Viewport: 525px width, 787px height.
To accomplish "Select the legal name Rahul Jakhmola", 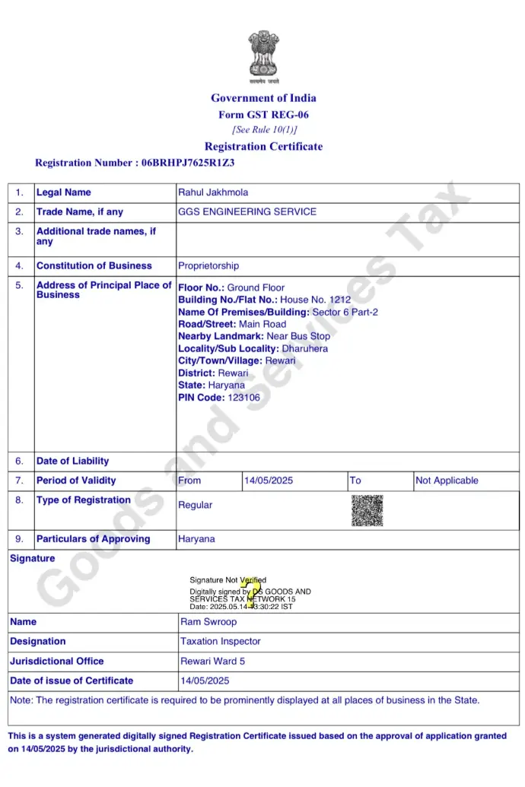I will pos(213,192).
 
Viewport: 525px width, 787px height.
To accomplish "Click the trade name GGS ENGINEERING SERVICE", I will pos(247,211).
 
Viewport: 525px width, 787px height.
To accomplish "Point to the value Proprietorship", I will pos(208,266).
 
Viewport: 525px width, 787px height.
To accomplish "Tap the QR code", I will pos(367,510).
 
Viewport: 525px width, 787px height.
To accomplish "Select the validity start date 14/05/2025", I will pos(269,481).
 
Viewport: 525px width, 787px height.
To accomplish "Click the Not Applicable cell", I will pos(446,481).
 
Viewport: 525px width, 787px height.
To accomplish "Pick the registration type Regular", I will pos(196,505).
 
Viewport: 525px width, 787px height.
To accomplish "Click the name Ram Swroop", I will pos(208,622).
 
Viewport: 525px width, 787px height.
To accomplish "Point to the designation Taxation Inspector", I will pos(221,642).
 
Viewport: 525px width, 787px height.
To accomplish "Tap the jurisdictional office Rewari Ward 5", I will pos(213,662).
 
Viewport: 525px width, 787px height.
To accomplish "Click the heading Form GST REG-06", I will pos(263,115).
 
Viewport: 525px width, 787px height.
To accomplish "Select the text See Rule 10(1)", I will pos(264,130).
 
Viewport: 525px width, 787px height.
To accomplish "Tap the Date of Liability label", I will pos(72,461).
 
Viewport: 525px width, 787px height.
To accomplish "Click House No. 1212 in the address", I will pos(316,300).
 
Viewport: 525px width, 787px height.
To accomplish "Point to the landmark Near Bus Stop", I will pos(298,336).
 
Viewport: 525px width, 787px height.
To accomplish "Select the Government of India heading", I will pos(263,98).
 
